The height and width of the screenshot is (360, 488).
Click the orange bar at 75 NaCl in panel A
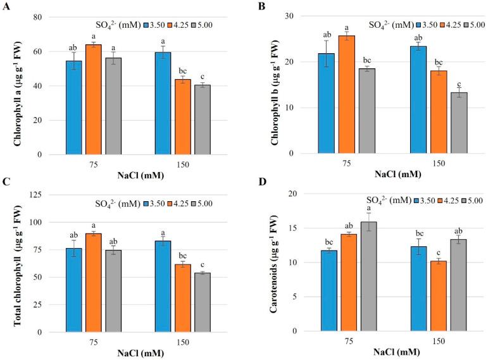pyautogui.click(x=93, y=99)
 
